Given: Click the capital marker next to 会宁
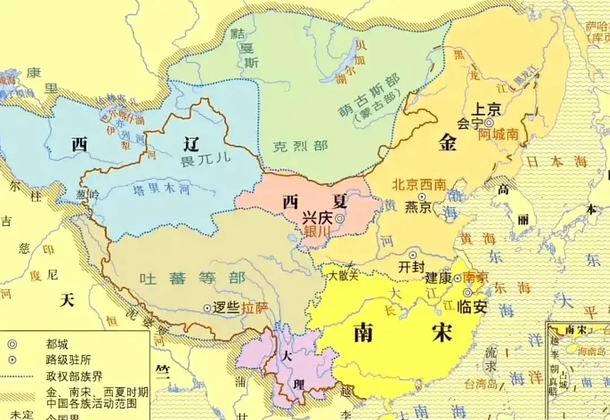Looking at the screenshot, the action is (489, 123).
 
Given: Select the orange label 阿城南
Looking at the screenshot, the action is (498, 134).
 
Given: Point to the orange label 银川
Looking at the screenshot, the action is (317, 231).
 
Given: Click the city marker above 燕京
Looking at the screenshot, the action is (422, 197).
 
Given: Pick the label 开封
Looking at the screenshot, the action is (411, 267).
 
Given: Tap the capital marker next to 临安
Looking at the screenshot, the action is (468, 293).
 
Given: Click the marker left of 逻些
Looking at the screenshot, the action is (207, 308).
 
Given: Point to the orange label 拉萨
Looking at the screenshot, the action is (255, 308).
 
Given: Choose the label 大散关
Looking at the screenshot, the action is (343, 276).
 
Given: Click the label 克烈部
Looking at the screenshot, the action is (300, 146).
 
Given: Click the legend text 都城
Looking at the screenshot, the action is (57, 344).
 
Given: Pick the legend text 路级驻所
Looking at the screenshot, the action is (68, 360).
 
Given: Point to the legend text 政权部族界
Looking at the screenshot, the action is (74, 376).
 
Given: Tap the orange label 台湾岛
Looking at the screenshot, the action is (481, 384).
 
